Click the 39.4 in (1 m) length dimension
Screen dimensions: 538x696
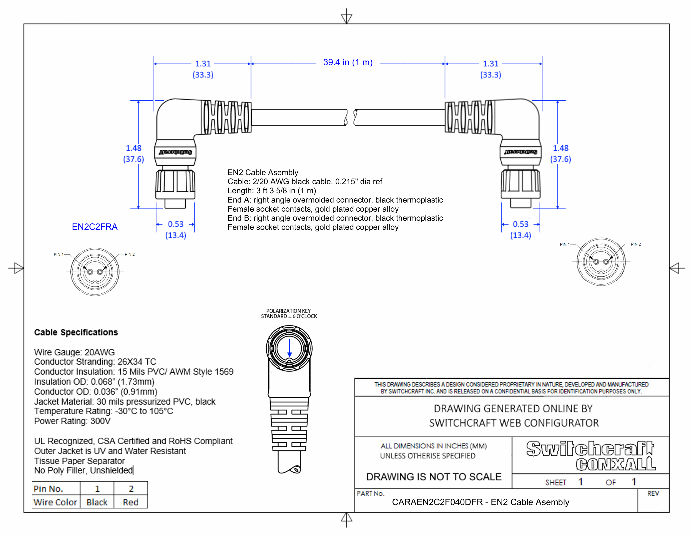[x=348, y=62]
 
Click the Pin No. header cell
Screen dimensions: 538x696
[x=49, y=489]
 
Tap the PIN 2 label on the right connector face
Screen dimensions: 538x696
[x=635, y=244]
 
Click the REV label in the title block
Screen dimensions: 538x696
[x=653, y=493]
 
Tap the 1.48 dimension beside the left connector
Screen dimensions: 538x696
[x=134, y=148]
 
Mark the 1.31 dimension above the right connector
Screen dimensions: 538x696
[x=490, y=64]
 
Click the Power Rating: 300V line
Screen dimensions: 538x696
[x=72, y=421]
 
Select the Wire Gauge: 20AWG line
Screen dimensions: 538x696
[x=74, y=352]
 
